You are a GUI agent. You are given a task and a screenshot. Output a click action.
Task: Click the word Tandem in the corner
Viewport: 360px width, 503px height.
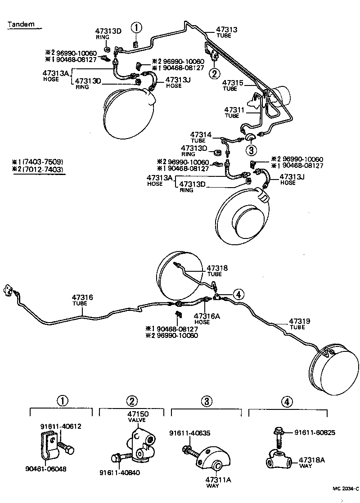[21, 25]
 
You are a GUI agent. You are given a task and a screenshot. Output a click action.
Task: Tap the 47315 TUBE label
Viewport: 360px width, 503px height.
[233, 85]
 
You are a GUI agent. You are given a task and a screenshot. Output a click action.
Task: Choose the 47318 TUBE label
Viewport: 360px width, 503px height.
[217, 271]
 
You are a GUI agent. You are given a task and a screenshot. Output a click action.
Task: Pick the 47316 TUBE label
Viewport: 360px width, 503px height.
[82, 300]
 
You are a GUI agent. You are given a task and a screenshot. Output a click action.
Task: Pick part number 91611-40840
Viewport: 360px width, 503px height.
[120, 472]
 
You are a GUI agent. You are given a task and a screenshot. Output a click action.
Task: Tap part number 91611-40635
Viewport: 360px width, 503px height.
[190, 433]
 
